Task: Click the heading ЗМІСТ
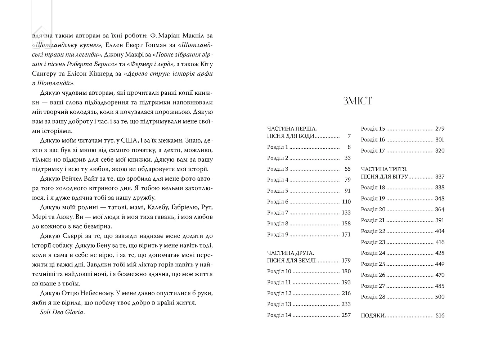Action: (358, 101)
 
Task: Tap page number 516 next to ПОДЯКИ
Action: (440, 316)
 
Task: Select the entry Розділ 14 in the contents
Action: (279, 315)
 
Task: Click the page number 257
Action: (346, 315)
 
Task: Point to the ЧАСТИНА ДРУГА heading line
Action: (291, 253)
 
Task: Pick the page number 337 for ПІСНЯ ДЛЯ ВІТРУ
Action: (440, 177)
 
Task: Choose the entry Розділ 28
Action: (373, 297)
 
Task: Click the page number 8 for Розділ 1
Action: (349, 147)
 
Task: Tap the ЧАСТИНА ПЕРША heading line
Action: (292, 129)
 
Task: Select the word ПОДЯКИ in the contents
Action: (373, 316)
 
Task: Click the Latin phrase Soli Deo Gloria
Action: (62, 312)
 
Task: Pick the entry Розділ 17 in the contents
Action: (373, 151)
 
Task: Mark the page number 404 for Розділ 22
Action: (440, 231)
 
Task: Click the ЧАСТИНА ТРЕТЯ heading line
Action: (384, 169)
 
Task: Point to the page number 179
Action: (346, 261)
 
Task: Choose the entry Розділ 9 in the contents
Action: (278, 235)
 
